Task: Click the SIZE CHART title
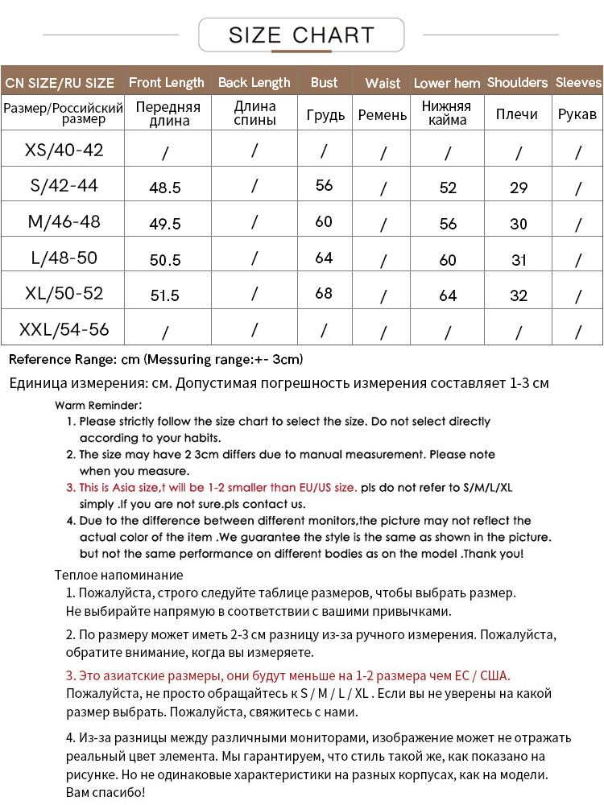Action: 301,35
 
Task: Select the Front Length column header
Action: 166,82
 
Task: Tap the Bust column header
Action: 324,82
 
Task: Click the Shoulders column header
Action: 517,82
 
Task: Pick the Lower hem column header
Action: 447,83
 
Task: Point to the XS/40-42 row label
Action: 64,150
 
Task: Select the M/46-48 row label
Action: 64,221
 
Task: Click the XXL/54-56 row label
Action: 64,329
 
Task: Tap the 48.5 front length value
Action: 165,188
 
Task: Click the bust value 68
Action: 324,293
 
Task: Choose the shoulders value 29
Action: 519,188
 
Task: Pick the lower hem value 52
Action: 448,188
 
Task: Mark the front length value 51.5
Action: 165,295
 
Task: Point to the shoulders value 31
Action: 519,260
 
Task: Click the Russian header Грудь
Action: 325,115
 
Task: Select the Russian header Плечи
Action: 516,114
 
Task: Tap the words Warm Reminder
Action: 98,405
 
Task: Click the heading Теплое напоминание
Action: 119,575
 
